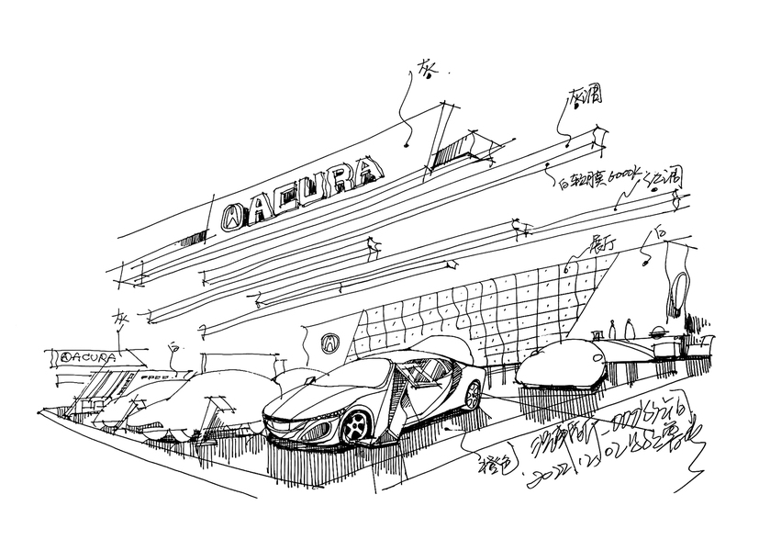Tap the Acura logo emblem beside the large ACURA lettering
click(234, 214)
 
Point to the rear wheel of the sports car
click(473, 395)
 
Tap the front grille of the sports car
click(292, 424)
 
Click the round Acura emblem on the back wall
click(328, 343)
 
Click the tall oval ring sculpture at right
click(676, 293)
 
